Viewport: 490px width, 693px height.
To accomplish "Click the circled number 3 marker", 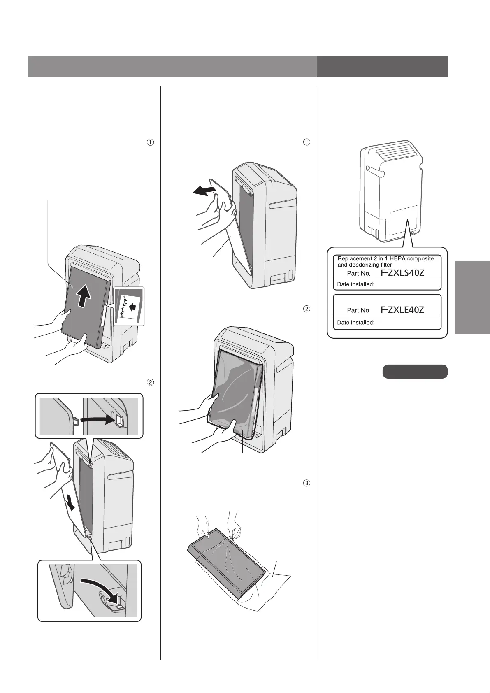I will (x=306, y=483).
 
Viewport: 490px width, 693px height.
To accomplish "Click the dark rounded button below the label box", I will (x=415, y=371).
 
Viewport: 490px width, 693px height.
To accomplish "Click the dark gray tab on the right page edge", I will (x=473, y=298).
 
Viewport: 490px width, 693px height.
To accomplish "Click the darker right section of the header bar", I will (x=382, y=67).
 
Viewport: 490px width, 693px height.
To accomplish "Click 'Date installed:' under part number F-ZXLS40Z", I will (x=355, y=284).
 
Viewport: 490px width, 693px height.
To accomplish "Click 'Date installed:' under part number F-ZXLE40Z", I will (x=355, y=322).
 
